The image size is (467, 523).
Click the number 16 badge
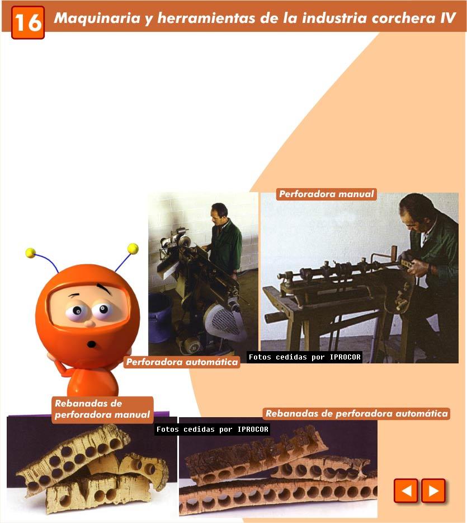pyautogui.click(x=28, y=22)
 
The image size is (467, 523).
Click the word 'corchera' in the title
pyautogui.click(x=403, y=18)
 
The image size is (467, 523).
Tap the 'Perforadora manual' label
pyautogui.click(x=327, y=194)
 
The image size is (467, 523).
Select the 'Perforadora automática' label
pyautogui.click(x=182, y=362)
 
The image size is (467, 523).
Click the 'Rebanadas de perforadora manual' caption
pyautogui.click(x=102, y=409)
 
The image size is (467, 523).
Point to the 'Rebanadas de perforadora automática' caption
pyautogui.click(x=356, y=414)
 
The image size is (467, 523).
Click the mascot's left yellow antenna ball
pyautogui.click(x=30, y=253)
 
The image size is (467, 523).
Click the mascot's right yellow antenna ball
pyautogui.click(x=133, y=248)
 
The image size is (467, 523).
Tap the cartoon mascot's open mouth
pyautogui.click(x=92, y=344)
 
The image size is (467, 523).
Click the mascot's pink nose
pyautogui.click(x=89, y=323)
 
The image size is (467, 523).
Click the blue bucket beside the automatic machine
pyautogui.click(x=160, y=317)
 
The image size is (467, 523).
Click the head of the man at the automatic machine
pyautogui.click(x=219, y=213)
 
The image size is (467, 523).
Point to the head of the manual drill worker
pyautogui.click(x=416, y=212)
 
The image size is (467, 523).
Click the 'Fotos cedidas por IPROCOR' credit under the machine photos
pyautogui.click(x=304, y=357)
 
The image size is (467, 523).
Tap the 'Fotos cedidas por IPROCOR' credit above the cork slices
pyautogui.click(x=212, y=429)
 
